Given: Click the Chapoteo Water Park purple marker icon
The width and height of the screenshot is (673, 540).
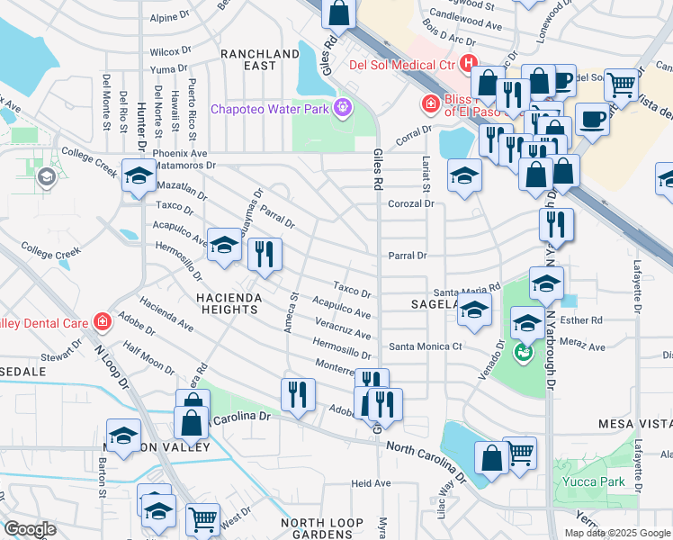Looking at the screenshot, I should pos(343,109).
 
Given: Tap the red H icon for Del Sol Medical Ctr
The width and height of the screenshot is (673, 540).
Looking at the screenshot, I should pos(468,63).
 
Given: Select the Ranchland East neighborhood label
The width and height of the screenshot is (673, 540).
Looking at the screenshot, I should pos(259,59).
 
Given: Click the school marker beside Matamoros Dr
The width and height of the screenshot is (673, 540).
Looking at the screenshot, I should pos(139,176).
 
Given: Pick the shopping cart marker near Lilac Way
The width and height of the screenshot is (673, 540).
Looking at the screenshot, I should pos(519,453).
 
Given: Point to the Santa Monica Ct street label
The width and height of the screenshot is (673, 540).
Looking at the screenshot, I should pos(425,346).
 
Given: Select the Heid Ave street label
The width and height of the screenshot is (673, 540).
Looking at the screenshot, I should pos(371,483).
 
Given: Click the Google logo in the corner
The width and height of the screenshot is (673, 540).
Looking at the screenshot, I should pos(30,529).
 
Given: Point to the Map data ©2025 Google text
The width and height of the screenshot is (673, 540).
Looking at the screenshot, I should pos(616,533).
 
